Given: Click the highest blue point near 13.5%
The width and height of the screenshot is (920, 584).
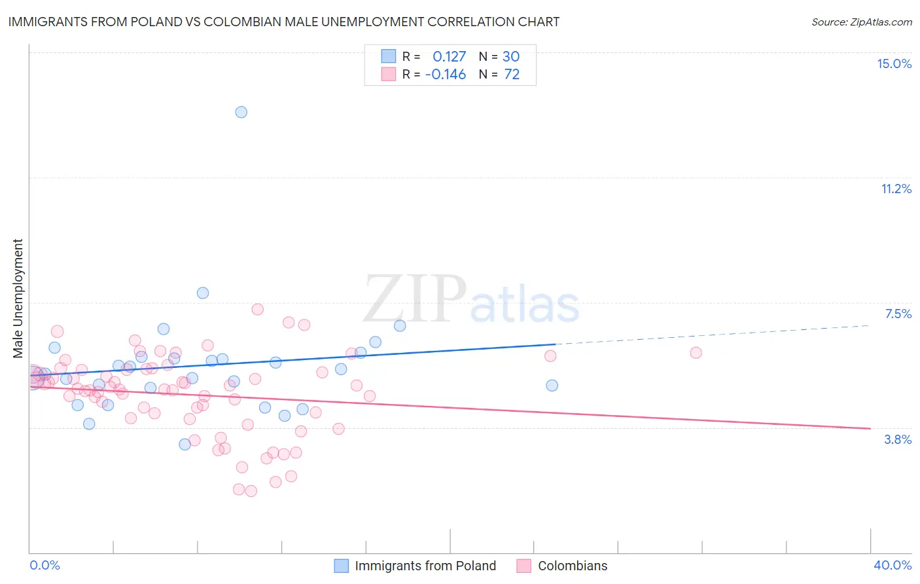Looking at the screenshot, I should pos(241,112).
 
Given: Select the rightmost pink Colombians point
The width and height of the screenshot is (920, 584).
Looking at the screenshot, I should pos(696,353).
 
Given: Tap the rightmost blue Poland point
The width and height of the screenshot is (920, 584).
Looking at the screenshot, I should pos(552,386).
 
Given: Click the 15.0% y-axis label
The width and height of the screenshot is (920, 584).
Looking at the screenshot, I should pos(894,64).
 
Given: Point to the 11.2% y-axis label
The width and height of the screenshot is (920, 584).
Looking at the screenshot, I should pos(896,189).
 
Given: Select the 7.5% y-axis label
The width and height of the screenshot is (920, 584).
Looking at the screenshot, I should pos(898,314).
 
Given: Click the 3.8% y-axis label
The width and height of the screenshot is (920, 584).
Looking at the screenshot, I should pos(898,440).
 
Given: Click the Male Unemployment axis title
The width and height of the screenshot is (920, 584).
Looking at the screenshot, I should pos(18,299).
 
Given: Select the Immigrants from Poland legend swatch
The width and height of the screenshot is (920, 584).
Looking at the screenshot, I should pos(341,566).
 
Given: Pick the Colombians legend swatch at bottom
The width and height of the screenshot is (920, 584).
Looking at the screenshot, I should pos(523,566).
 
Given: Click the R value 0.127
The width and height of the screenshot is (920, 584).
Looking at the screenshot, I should pos(449,56).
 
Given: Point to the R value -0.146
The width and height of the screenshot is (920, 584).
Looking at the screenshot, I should pos(446,75).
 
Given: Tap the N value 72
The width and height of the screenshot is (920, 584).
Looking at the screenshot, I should pos(512,75).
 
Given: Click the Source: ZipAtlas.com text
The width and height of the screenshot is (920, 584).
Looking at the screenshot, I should pos(861,22).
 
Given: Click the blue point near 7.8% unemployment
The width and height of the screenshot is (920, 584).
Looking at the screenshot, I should pos(203,293).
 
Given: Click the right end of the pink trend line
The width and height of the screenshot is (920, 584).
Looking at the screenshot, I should pos(870,428).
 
